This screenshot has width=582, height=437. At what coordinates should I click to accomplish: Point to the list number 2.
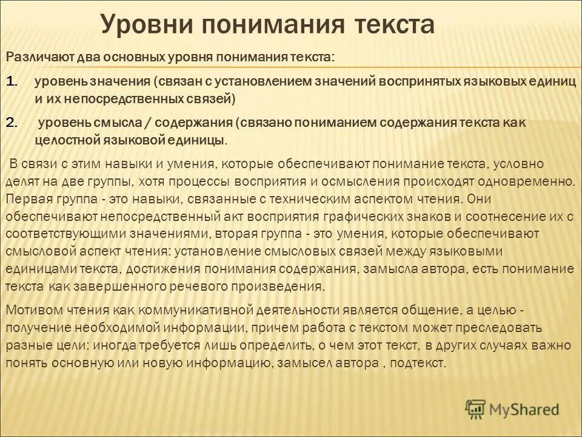[x=15, y=122]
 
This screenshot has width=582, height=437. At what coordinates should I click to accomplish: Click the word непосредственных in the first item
[x=115, y=97]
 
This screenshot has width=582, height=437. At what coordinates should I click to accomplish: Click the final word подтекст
[x=418, y=363]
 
